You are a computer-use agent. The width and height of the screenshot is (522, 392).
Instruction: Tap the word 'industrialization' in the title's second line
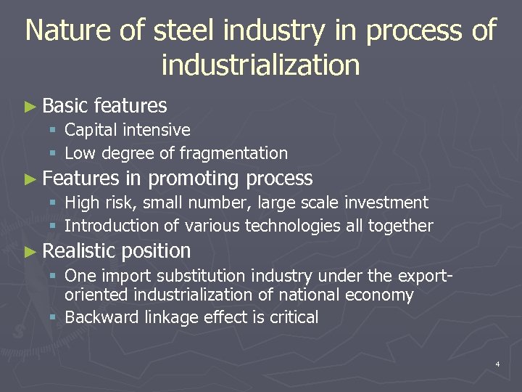click(260, 65)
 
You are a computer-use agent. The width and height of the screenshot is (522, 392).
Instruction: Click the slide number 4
click(497, 364)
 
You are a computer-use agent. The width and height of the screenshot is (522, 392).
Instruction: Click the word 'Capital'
click(91, 131)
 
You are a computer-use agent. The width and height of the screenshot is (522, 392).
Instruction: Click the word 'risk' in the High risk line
click(118, 203)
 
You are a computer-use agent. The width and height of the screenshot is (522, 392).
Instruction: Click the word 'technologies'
click(292, 226)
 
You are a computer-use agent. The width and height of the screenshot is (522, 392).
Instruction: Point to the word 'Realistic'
click(79, 251)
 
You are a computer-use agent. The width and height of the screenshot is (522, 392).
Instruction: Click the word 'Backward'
click(96, 317)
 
